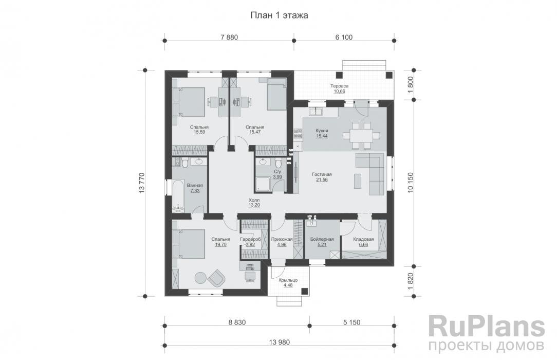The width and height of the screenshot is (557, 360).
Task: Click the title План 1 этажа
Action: (x=279, y=15)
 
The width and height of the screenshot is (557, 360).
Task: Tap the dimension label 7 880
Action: (x=229, y=37)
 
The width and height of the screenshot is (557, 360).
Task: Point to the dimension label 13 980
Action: (x=280, y=342)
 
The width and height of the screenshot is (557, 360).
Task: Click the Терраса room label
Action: (x=339, y=86)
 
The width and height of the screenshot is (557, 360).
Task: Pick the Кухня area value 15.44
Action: (x=322, y=136)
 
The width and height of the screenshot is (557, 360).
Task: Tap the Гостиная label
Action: (x=322, y=174)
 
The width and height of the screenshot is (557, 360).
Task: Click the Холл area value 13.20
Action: (x=254, y=205)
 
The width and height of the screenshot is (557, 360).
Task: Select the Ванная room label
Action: (x=195, y=186)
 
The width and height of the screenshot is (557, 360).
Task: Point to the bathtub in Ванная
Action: (x=178, y=195)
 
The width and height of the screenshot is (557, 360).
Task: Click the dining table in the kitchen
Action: (x=361, y=135)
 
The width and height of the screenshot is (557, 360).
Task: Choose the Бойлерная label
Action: (x=322, y=239)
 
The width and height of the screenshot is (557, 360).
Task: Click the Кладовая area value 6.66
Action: (x=363, y=244)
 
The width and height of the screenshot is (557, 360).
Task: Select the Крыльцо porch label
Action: (x=288, y=280)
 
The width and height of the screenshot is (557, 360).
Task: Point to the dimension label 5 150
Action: (x=351, y=322)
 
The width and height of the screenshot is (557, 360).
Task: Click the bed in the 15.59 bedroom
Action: (x=189, y=102)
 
